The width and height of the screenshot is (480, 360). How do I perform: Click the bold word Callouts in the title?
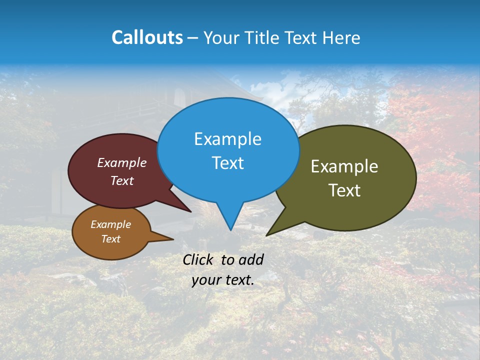(x=147, y=37)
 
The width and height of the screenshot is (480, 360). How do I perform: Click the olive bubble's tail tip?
(x=267, y=234)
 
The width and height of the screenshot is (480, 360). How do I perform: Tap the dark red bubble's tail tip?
(x=190, y=211)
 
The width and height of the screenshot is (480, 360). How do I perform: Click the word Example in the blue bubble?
(x=227, y=139)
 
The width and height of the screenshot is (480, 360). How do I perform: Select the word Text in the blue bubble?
(x=227, y=163)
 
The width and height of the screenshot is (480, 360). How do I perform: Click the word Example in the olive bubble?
(x=344, y=166)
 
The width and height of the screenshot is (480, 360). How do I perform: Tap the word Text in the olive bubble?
(x=344, y=190)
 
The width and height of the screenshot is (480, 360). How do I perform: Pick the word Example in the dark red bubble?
(x=122, y=162)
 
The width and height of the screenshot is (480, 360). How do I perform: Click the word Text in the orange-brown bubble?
(x=111, y=239)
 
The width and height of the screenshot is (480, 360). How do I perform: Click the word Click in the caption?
(x=198, y=259)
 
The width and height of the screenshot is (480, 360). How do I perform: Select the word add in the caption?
(x=251, y=259)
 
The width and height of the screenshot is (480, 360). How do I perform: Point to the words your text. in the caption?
(x=223, y=280)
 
